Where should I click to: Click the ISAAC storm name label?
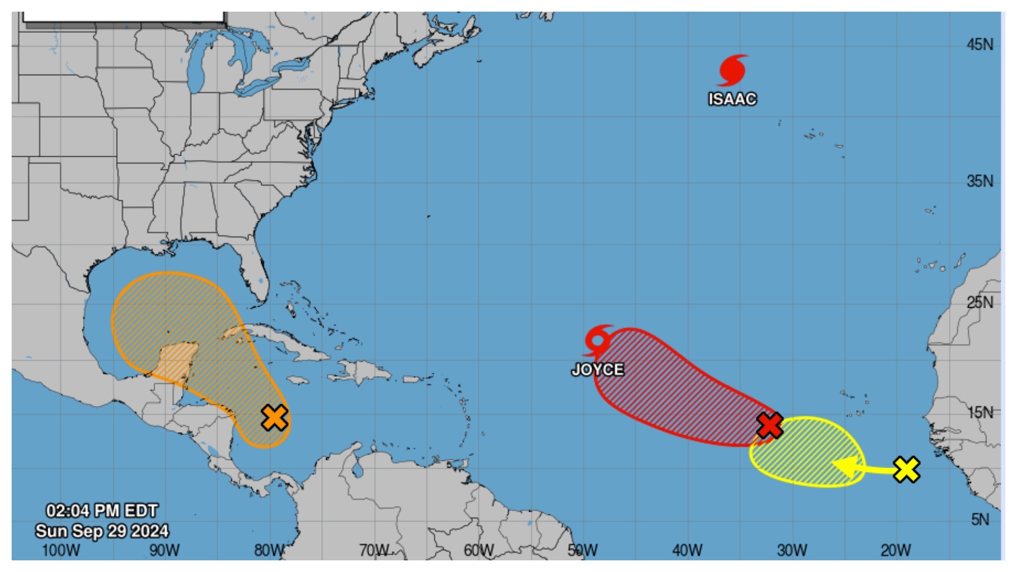[x=733, y=99]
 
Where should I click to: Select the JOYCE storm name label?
[x=597, y=369]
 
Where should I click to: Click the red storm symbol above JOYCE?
[x=599, y=339]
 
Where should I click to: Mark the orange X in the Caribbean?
[x=275, y=417]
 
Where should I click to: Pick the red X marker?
[x=770, y=425]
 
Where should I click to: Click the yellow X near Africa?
[x=906, y=469]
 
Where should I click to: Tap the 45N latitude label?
[x=980, y=44]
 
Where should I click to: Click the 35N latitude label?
[x=980, y=181]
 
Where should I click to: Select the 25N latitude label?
[x=980, y=302]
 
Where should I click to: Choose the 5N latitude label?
[x=980, y=520]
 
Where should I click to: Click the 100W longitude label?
[x=60, y=550]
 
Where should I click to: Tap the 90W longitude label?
[x=165, y=550]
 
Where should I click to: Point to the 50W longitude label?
[x=583, y=550]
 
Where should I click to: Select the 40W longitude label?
[x=688, y=550]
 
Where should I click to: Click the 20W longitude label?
[x=896, y=550]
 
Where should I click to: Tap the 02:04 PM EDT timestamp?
[x=102, y=511]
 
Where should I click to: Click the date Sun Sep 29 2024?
[x=102, y=531]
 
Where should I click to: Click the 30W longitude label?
[x=792, y=550]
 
